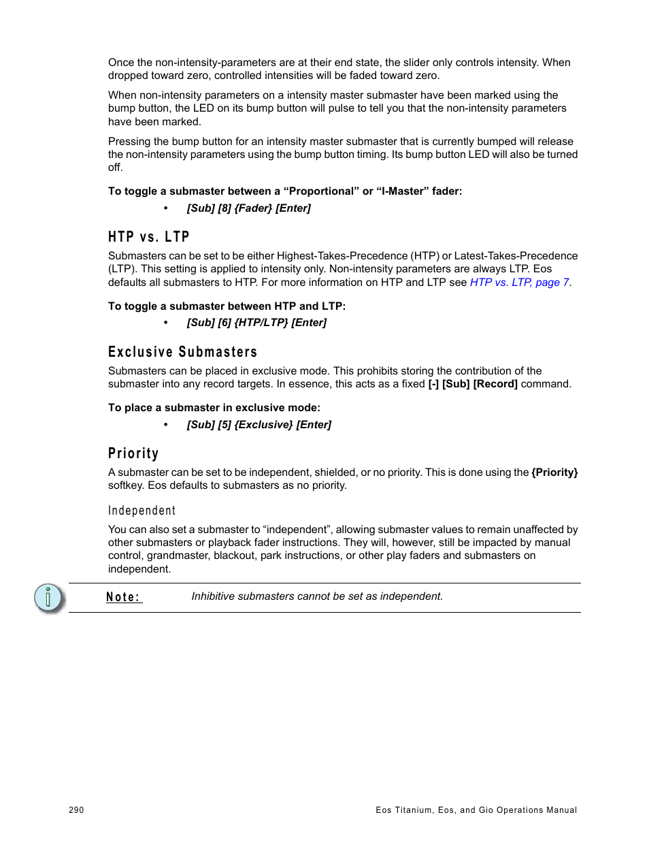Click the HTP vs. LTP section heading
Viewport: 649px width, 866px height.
(148, 237)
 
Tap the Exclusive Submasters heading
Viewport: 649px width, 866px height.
(182, 352)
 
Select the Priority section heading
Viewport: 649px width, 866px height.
(133, 453)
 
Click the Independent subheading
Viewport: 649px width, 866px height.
(142, 511)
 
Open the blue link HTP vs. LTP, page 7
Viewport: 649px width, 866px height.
(520, 283)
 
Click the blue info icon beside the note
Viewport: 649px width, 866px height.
(48, 598)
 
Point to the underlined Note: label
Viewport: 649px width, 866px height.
(123, 597)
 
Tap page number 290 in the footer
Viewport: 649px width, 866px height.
(76, 810)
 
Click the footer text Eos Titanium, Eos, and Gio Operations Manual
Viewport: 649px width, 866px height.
(476, 810)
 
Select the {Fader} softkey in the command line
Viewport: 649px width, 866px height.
(253, 208)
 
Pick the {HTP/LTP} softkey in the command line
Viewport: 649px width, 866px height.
(261, 323)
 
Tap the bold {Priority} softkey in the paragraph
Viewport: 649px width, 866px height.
(554, 472)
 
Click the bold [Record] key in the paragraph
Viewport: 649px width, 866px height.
(495, 384)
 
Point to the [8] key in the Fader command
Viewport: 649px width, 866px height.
(224, 208)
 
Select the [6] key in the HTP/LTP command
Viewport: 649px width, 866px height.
(224, 323)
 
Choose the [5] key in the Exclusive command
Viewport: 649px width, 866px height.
(224, 425)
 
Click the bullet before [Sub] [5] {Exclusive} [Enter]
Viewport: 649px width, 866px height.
(165, 425)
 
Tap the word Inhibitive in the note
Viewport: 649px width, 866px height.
(213, 596)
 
